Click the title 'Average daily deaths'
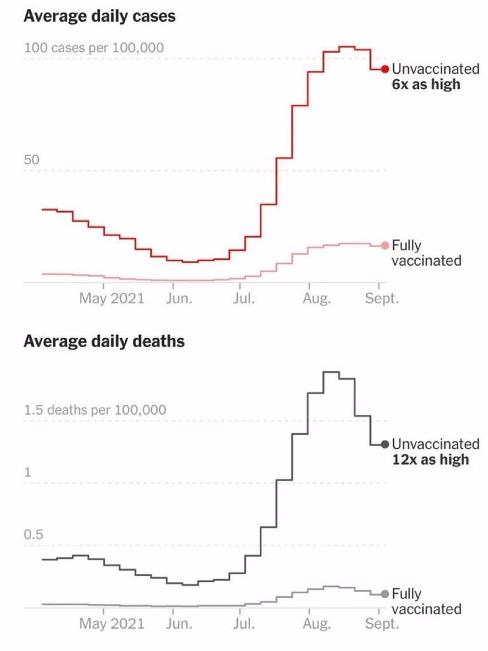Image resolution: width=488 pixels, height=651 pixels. pos(104,341)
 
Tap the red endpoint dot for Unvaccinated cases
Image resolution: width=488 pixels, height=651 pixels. pos(384,69)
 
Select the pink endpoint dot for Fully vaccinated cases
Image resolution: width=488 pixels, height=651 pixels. pos(384,246)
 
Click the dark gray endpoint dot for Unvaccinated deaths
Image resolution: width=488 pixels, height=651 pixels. pos(384,444)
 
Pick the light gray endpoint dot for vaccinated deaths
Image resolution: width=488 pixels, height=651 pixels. pos(384,594)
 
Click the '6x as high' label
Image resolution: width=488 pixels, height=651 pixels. pos(426,84)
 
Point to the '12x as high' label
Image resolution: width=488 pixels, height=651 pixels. pos(430,459)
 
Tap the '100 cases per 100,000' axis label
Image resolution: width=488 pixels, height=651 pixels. pos(94,48)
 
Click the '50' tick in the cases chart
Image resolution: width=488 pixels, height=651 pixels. pos(32,160)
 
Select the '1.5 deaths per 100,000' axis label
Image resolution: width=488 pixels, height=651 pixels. pos(95,410)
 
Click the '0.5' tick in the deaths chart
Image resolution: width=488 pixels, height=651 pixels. pos(35,535)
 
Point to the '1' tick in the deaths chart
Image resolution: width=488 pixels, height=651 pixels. pos(27,472)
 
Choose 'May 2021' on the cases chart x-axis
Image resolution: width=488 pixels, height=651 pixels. pos(111,298)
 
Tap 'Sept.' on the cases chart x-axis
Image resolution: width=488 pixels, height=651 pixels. pos(382,298)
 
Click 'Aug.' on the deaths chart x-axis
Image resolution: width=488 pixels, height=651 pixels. pos(316,624)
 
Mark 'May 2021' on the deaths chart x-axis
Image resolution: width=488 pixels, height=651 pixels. pos(111,624)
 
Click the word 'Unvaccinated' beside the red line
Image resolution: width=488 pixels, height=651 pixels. pos(435,69)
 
